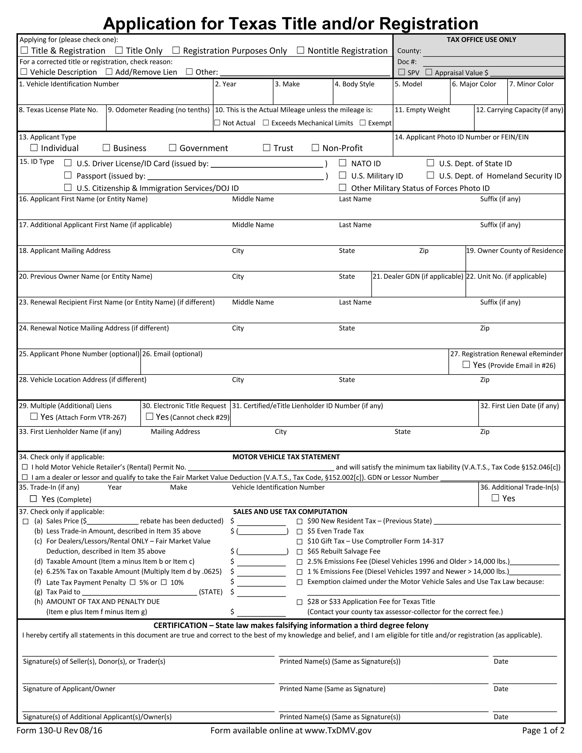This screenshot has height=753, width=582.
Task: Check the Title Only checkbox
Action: pyautogui.click(x=119, y=51)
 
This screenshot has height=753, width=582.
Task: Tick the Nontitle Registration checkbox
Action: pyautogui.click(x=301, y=51)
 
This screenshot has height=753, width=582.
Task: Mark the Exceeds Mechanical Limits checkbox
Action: pyautogui.click(x=266, y=123)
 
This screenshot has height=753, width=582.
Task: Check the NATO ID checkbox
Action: pyautogui.click(x=342, y=163)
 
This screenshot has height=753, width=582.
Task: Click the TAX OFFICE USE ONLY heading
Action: pyautogui.click(x=481, y=40)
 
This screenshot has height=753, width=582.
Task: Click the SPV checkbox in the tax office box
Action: pyautogui.click(x=402, y=72)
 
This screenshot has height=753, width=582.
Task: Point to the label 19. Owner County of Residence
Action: pyautogui.click(x=514, y=251)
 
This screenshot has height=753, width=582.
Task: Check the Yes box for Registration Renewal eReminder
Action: pyautogui.click(x=466, y=365)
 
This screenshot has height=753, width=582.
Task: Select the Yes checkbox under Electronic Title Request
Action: pyautogui.click(x=150, y=417)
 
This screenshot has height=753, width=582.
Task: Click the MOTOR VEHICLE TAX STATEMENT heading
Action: pyautogui.click(x=286, y=457)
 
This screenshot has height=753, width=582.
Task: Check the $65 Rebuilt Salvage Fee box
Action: pyautogui.click(x=300, y=552)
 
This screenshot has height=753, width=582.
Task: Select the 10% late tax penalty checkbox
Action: pyautogui.click(x=164, y=582)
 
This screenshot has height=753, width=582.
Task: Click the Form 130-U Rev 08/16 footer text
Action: pyautogui.click(x=59, y=731)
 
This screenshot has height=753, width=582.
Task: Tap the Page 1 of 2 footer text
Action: pyautogui.click(x=543, y=731)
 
